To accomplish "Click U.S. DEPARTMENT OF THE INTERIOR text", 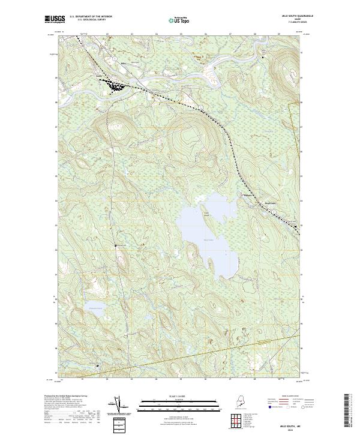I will pos(91,17).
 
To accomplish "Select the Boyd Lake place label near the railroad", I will pos(272,203).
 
